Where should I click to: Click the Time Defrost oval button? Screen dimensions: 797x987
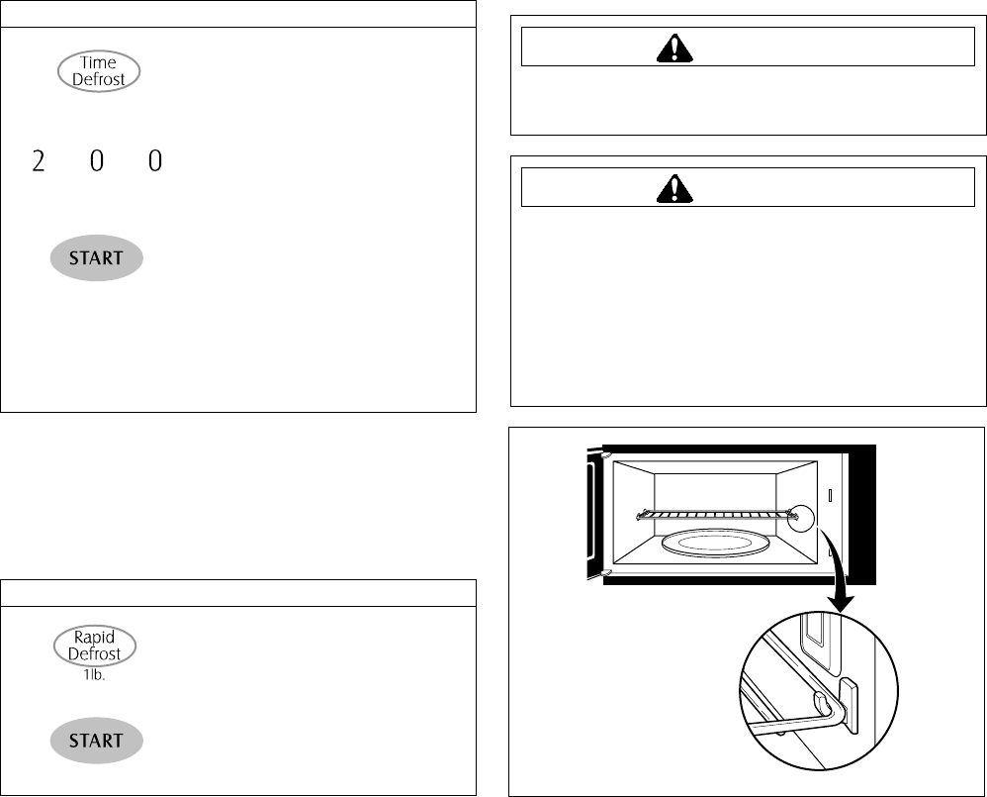point(99,71)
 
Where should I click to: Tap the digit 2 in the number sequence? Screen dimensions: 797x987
point(39,161)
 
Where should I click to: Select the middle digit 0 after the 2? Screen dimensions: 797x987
point(96,161)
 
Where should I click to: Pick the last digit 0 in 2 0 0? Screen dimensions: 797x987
point(154,161)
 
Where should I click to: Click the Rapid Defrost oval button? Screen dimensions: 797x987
point(95,647)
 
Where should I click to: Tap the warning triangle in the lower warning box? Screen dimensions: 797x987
point(673,187)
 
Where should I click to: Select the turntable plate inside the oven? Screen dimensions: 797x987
point(712,543)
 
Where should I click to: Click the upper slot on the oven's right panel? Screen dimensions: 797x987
point(831,494)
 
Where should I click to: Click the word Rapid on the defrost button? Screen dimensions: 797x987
point(95,639)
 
